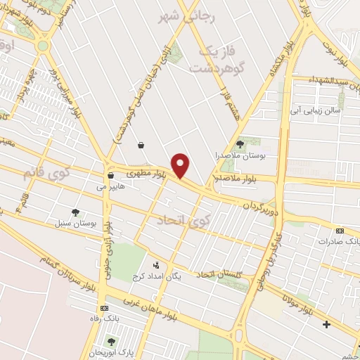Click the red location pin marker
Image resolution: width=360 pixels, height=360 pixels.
click(x=181, y=165)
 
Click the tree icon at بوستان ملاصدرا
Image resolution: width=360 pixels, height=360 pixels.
click(x=240, y=143)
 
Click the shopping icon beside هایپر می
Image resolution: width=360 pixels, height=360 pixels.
click(x=111, y=175)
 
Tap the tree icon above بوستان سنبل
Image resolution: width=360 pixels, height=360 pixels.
click(x=75, y=212)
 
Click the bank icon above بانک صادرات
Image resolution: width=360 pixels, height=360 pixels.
click(x=340, y=230)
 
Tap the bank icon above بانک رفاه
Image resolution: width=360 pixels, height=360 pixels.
click(x=105, y=307)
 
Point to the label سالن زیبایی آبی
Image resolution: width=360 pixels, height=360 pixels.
click(x=318, y=110)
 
